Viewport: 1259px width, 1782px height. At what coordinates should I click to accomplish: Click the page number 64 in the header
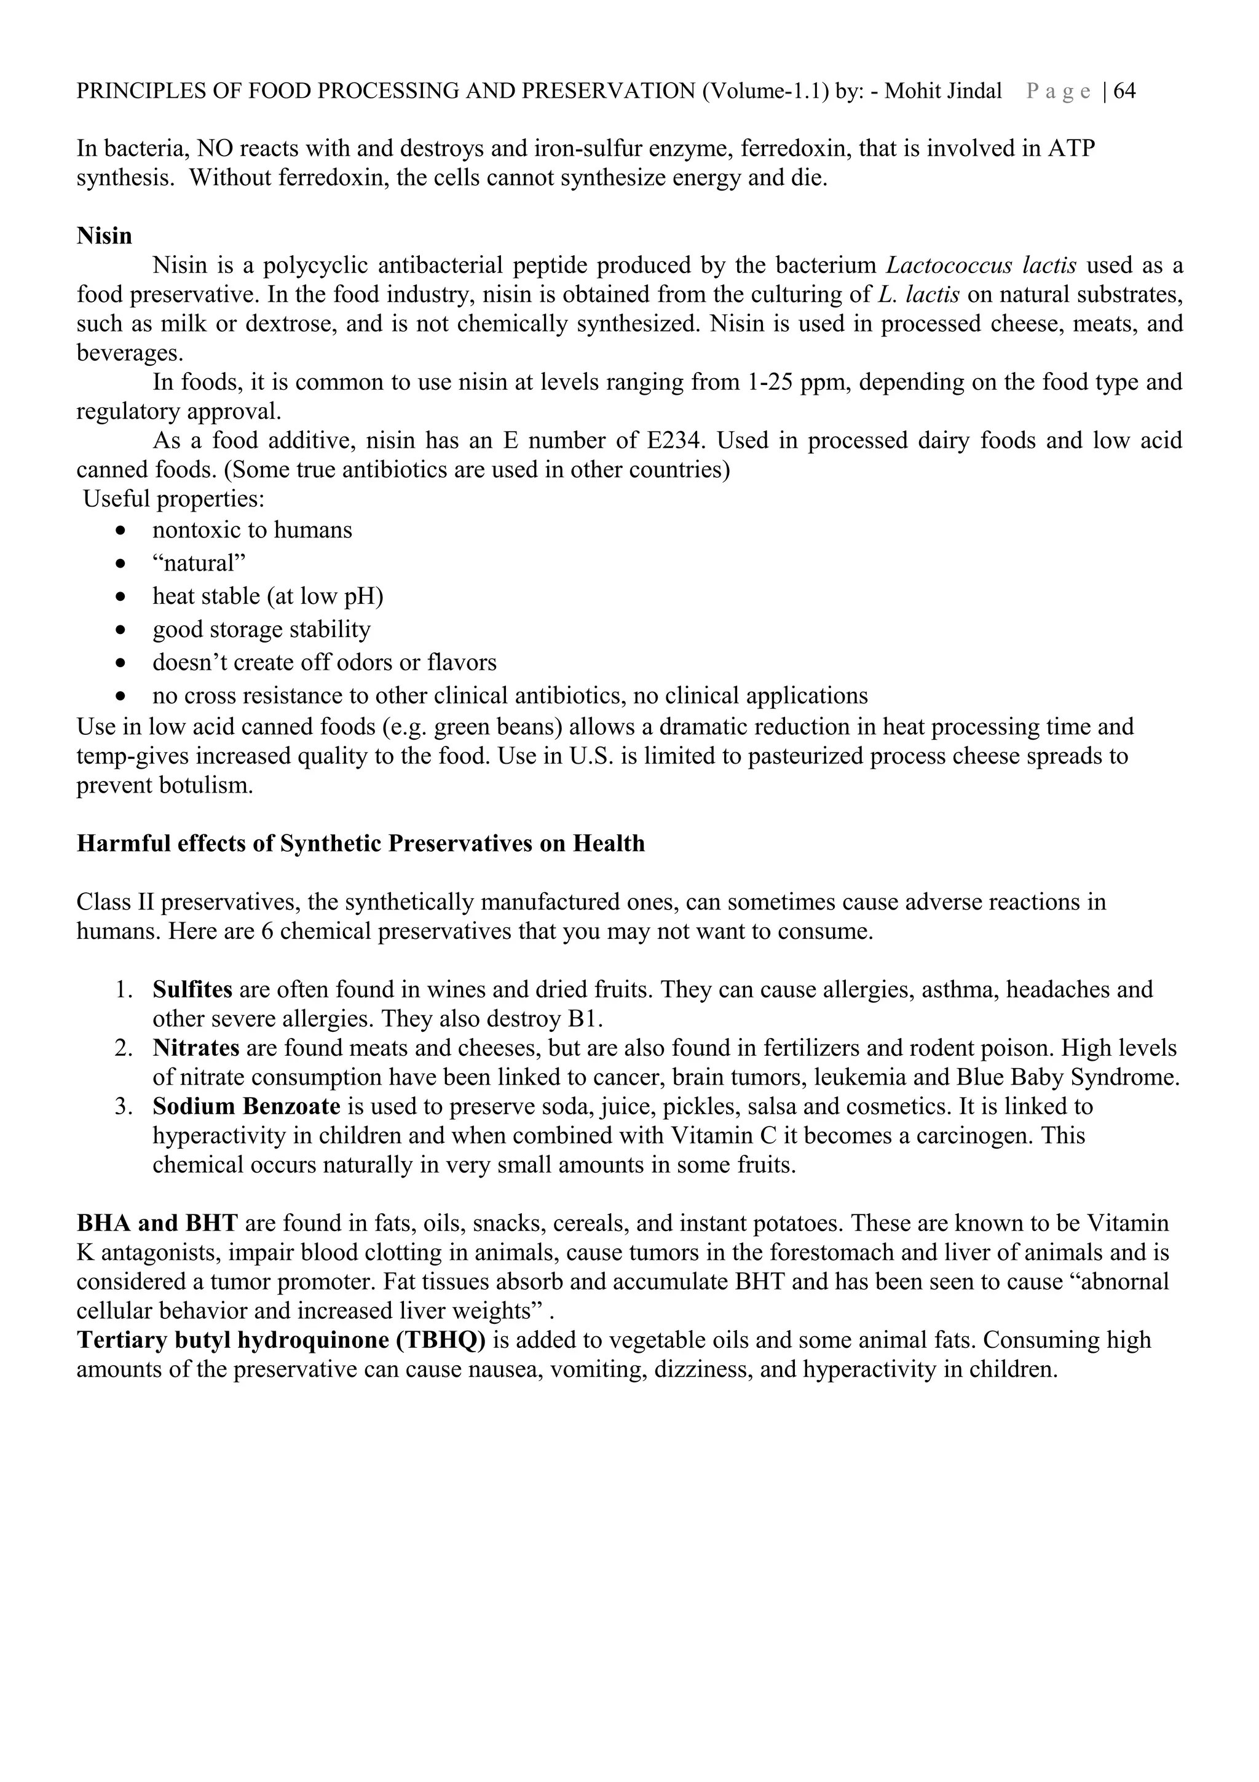click(x=1125, y=92)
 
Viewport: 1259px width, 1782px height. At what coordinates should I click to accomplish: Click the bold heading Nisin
click(x=104, y=236)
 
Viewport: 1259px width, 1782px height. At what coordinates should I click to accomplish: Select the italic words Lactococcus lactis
click(x=981, y=266)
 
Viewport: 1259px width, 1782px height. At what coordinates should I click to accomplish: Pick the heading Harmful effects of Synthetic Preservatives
click(x=360, y=844)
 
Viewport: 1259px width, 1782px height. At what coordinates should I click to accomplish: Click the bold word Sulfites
click(x=192, y=989)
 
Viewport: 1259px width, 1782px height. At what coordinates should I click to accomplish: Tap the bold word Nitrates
click(x=196, y=1048)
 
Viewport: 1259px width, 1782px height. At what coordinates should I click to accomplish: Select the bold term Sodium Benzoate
click(x=246, y=1107)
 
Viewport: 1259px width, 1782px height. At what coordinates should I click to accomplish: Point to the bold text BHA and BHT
click(x=157, y=1224)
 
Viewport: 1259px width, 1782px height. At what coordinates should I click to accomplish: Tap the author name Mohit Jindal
click(x=942, y=92)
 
